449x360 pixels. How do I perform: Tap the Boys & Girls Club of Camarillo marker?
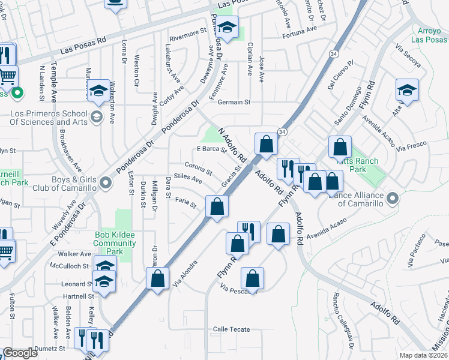tap(106, 181)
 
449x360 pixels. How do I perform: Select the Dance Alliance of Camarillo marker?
tap(393, 197)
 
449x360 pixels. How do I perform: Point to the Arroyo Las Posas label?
tap(429, 35)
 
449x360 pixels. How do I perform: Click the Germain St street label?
tap(234, 102)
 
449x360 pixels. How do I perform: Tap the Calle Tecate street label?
tap(231, 329)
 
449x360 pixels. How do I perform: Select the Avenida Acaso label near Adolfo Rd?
tap(327, 230)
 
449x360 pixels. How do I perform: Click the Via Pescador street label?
tap(239, 291)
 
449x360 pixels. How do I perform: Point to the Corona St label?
tap(198, 168)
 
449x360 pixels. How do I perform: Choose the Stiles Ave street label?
tap(187, 178)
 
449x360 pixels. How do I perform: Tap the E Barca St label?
tap(211, 149)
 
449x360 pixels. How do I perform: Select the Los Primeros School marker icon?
tap(96, 116)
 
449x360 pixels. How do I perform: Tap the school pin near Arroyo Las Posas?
tap(407, 90)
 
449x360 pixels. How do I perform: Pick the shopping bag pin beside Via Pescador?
tap(253, 278)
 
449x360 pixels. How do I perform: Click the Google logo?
tap(20, 353)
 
